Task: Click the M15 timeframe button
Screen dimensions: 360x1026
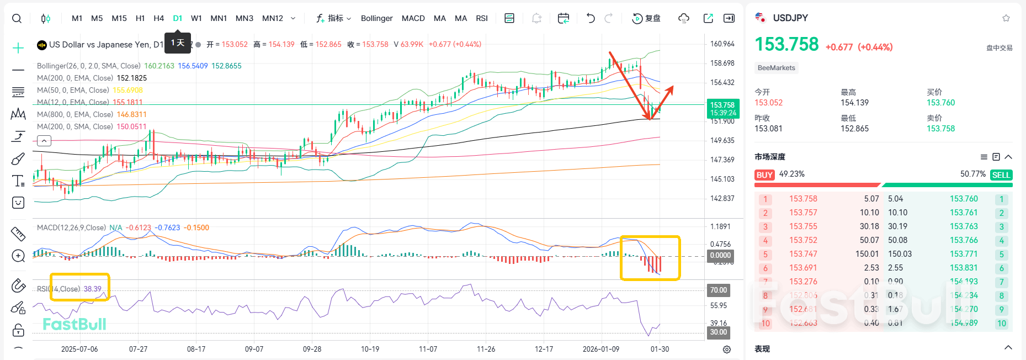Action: [x=119, y=18]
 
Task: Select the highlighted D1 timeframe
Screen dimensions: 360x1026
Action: [x=177, y=18]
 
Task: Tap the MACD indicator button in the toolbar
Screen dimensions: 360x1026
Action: [x=413, y=18]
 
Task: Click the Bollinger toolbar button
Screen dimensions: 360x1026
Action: [x=376, y=18]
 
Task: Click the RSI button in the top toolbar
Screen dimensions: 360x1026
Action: [x=482, y=18]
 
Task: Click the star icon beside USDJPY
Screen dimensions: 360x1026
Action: [x=1006, y=18]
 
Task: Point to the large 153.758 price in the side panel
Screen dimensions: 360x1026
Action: [x=786, y=44]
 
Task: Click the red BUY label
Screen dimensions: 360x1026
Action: [x=764, y=175]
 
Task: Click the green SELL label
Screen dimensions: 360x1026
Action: [x=1001, y=175]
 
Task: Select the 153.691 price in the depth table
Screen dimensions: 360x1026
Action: [x=802, y=268]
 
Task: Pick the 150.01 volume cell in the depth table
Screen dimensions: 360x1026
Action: [x=866, y=254]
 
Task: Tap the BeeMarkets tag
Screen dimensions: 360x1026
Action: [x=776, y=68]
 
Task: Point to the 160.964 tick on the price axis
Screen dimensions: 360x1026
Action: [x=722, y=44]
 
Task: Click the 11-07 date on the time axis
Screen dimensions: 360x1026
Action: [x=428, y=349]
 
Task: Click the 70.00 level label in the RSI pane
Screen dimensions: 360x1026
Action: [x=718, y=290]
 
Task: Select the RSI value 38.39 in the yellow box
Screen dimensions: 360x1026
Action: [x=92, y=289]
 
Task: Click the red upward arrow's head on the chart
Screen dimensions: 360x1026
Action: [x=671, y=88]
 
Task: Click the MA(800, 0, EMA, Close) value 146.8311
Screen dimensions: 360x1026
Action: [x=131, y=114]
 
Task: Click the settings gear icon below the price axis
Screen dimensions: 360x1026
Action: [x=727, y=350]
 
